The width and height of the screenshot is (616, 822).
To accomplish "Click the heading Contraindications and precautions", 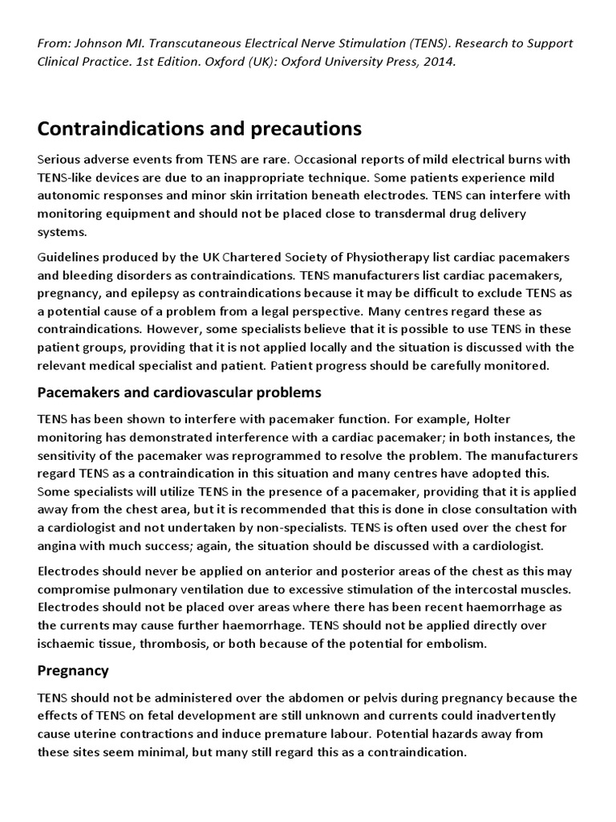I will coord(200,128).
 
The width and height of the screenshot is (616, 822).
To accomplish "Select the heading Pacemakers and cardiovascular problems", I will coord(179,393).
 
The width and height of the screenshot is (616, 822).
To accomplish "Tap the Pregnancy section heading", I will coord(73,669).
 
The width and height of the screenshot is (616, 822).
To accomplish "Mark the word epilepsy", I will coord(190,291).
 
